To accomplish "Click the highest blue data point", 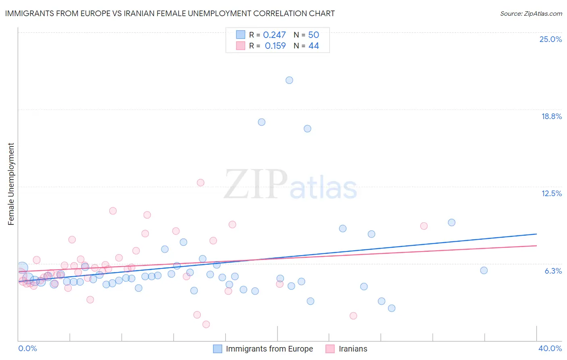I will coord(289,80).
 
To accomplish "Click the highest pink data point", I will coord(200,182).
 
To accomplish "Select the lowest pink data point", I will coord(206,324).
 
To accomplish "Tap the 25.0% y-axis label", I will coord(550,39).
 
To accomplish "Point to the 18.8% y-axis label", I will coord(551,116).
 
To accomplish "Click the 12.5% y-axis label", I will coord(551,193).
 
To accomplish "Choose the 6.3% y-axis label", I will coord(553,271).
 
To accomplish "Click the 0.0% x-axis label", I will coord(27,348).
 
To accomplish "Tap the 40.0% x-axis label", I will coord(550,348).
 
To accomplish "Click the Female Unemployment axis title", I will coord(11,184).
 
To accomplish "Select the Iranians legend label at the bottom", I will coord(353,349).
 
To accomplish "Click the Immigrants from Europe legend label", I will coord(269,349).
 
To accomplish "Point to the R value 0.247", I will coord(274,35).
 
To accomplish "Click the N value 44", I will coord(313,46).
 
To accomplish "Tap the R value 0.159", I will coord(275,46).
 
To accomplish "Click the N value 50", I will coord(313,35).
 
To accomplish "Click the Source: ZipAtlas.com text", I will coord(531,14).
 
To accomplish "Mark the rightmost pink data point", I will coord(424,226).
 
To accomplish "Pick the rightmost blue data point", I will coord(484,270).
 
